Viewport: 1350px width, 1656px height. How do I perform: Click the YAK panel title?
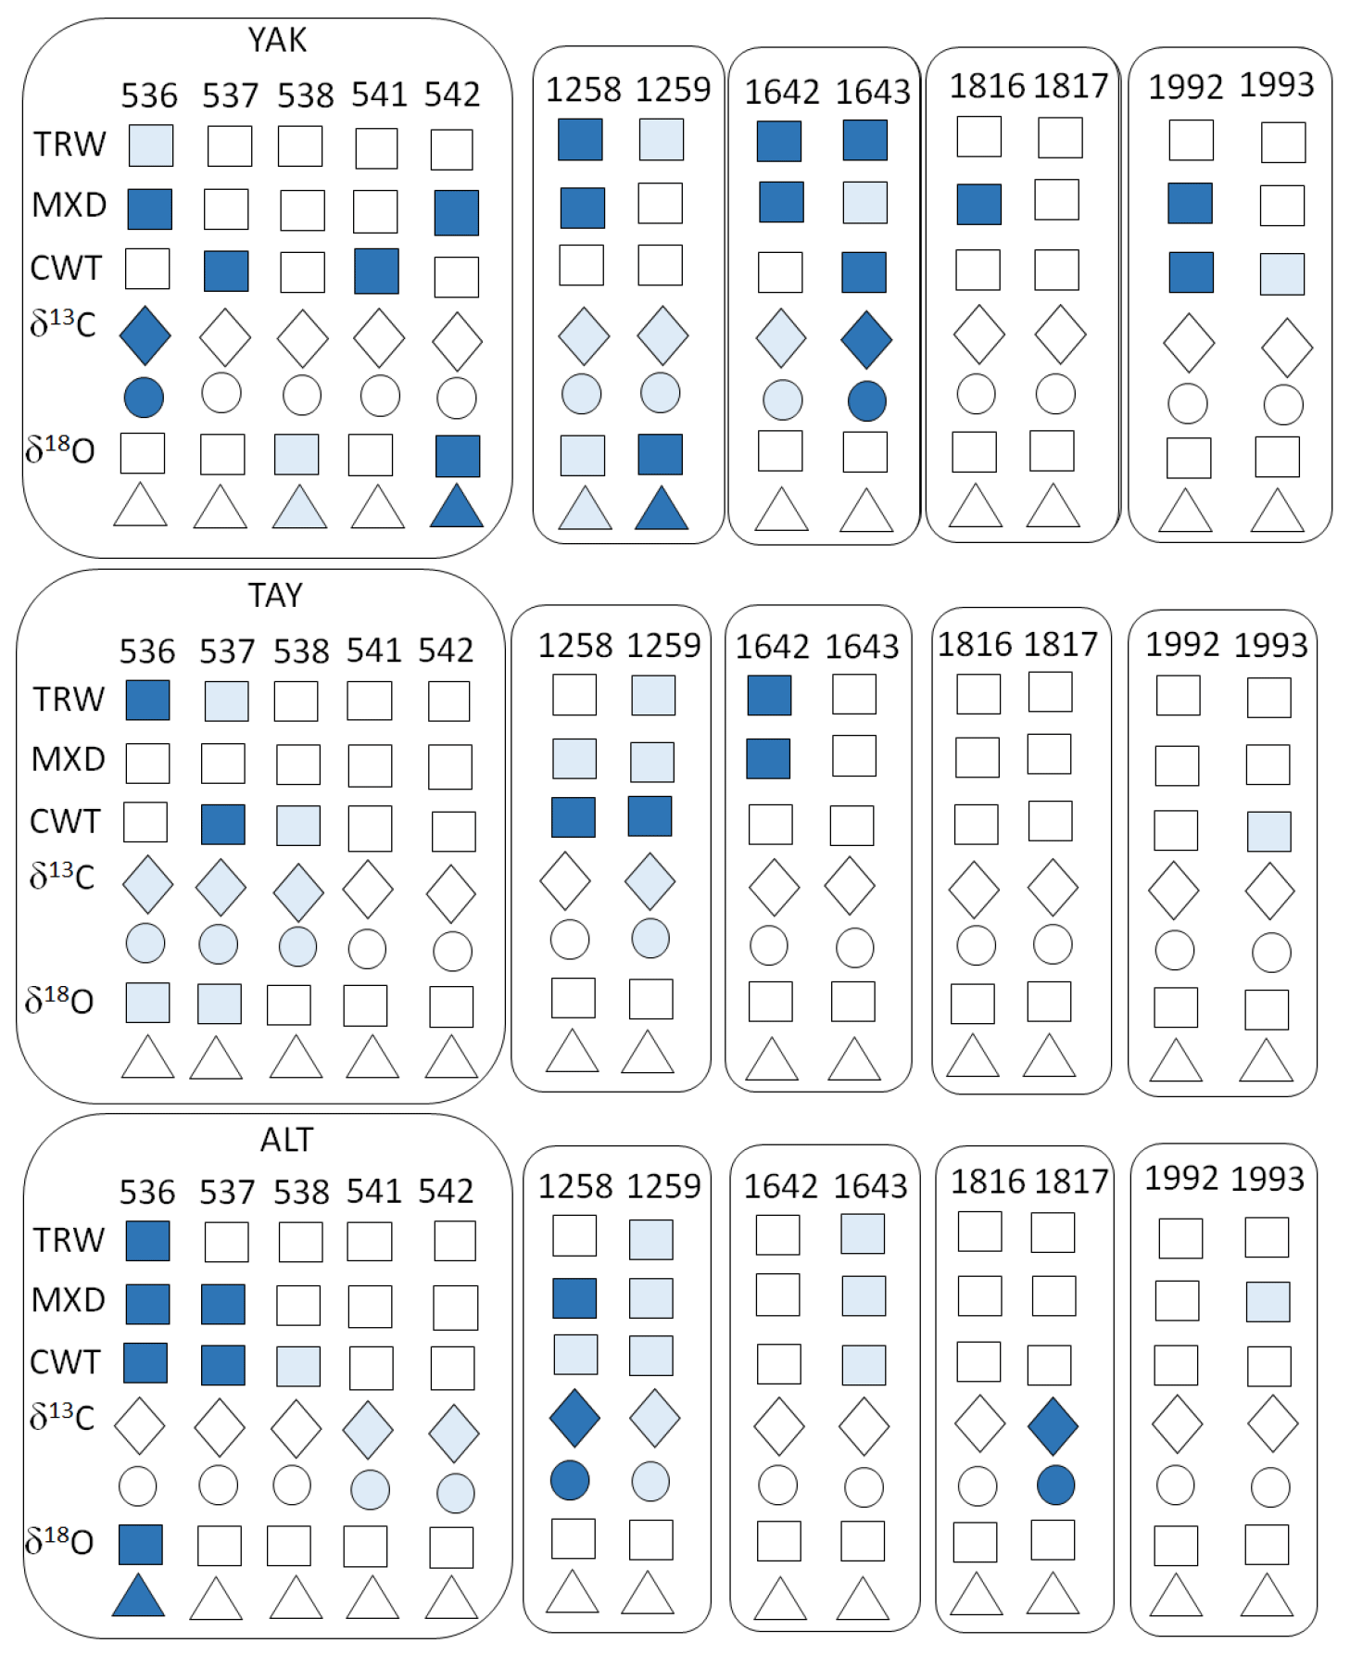pos(277,40)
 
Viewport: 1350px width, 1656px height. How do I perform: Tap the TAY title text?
pos(275,595)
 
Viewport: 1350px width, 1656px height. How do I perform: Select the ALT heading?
pos(286,1139)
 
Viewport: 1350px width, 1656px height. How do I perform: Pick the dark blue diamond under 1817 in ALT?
pos(1054,1426)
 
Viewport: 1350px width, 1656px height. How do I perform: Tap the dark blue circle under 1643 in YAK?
pos(866,401)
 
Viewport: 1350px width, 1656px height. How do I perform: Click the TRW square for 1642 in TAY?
pos(769,695)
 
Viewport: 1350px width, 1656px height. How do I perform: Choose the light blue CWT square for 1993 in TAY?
pos(1268,831)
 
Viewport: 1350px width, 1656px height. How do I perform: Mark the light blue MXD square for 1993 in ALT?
pos(1268,1302)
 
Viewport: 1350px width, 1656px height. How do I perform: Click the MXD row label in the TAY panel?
pos(69,760)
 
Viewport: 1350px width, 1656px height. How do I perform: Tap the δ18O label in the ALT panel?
pos(60,1541)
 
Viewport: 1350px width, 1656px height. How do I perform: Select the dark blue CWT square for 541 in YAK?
pos(376,271)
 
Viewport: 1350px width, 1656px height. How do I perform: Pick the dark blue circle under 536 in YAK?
pos(144,398)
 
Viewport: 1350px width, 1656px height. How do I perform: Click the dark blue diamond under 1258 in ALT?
pos(574,1418)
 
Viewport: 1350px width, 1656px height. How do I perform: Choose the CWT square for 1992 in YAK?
pos(1190,272)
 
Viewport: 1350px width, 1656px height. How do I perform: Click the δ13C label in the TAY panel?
pos(62,876)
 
